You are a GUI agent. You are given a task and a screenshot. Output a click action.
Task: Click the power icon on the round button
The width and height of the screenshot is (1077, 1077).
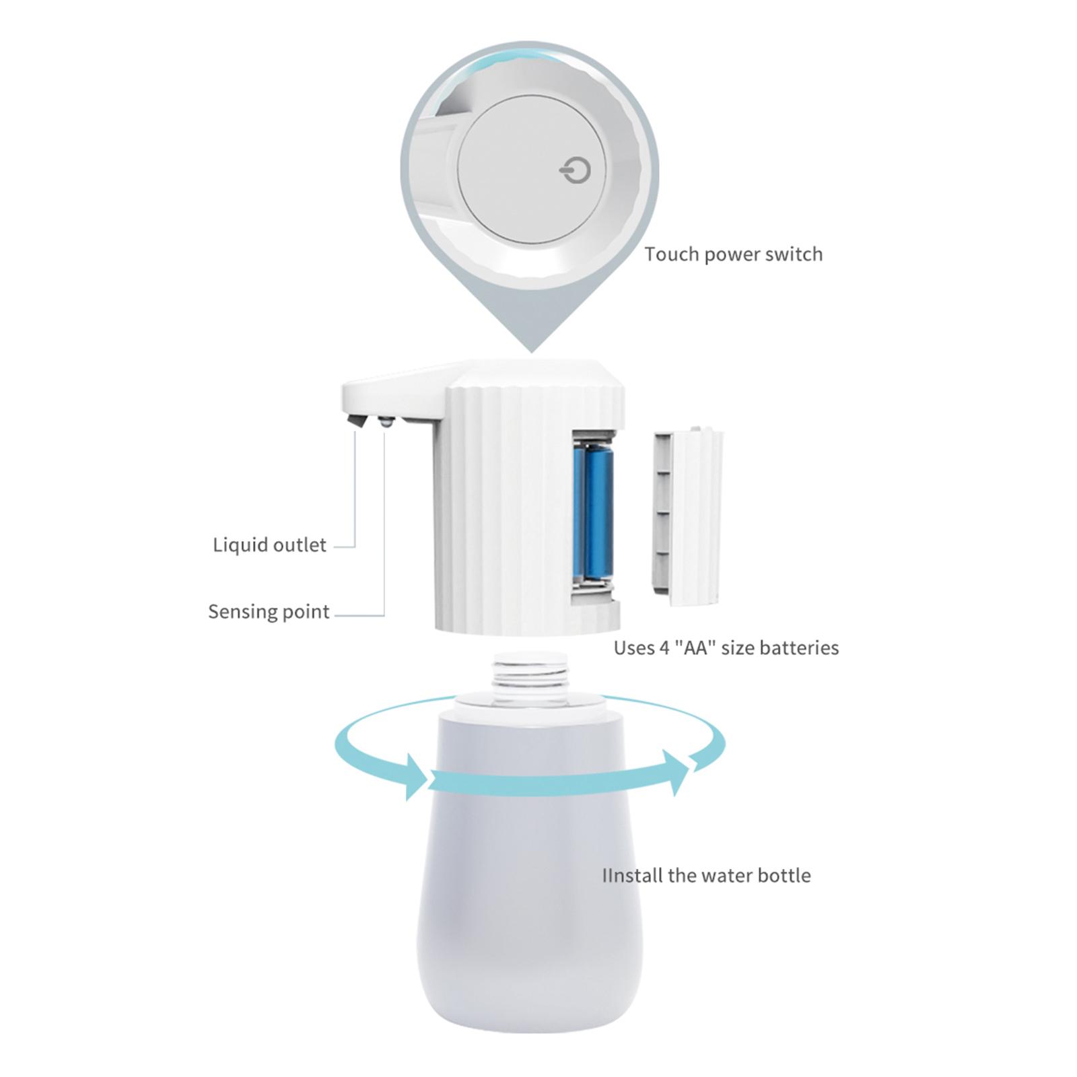click(576, 171)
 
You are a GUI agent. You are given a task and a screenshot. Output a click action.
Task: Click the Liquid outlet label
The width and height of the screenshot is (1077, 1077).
click(270, 545)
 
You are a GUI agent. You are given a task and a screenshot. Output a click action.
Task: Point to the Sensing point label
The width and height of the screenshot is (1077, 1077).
click(269, 611)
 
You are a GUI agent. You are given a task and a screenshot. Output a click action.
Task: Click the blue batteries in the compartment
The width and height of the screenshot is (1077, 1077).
click(593, 514)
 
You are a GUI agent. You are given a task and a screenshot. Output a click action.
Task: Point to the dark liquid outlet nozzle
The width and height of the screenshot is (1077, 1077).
click(357, 422)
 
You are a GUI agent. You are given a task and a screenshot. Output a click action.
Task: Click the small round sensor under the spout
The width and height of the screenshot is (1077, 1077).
click(385, 423)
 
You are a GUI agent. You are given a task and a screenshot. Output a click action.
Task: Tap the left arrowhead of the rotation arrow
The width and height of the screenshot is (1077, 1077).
click(415, 777)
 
